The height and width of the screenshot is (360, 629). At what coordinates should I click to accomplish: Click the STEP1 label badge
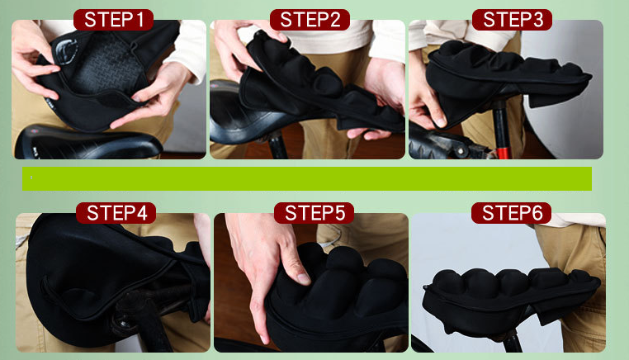(114, 20)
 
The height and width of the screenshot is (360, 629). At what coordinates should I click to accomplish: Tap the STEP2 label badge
(310, 20)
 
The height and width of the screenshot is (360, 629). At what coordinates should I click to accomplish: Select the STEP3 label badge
(513, 20)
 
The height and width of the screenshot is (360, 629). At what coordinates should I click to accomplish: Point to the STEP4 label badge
(116, 213)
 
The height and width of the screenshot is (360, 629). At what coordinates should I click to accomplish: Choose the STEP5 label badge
(314, 213)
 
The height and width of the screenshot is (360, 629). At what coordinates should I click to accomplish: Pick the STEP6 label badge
(512, 213)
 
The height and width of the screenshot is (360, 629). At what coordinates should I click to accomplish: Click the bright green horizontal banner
(307, 178)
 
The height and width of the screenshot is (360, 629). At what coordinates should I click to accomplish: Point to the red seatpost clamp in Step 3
(504, 153)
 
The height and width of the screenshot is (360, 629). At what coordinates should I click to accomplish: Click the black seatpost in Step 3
(501, 125)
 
